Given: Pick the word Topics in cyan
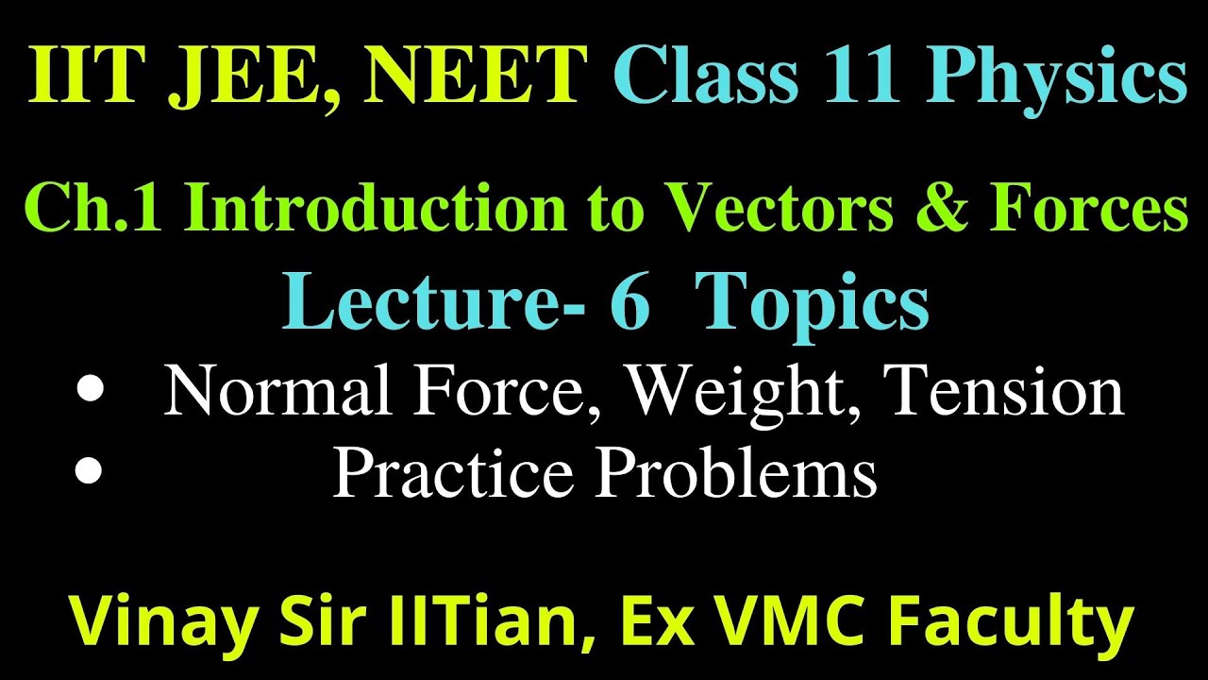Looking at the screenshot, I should tap(817, 305).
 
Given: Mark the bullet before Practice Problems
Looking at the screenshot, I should tap(88, 470).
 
